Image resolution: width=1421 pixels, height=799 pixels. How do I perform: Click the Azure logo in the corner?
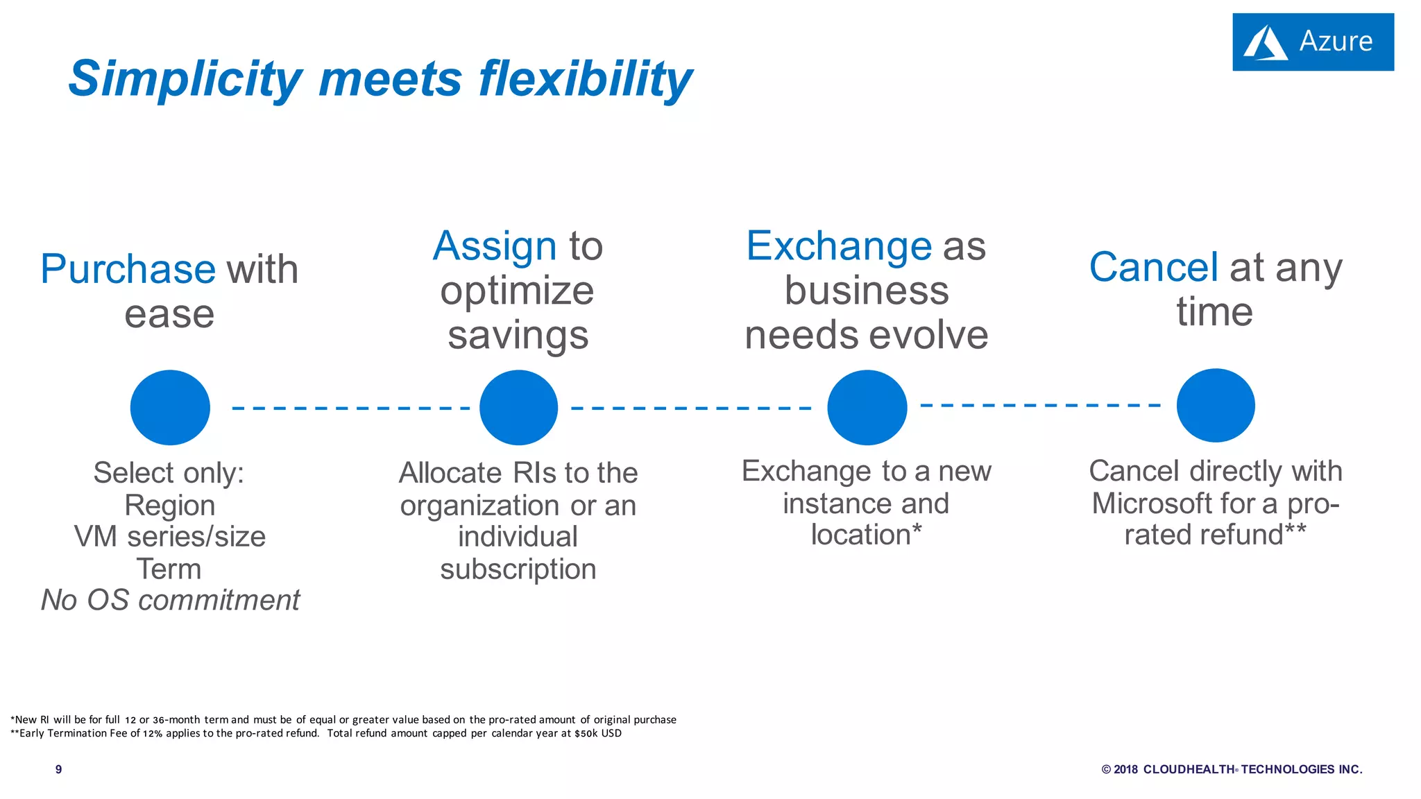[1312, 42]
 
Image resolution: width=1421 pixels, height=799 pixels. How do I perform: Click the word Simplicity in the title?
[185, 78]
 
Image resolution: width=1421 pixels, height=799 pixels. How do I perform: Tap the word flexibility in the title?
[585, 78]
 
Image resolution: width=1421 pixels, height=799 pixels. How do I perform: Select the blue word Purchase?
[128, 269]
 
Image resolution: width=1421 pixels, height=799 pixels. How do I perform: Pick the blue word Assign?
[495, 246]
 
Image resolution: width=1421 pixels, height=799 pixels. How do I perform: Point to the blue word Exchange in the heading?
[838, 246]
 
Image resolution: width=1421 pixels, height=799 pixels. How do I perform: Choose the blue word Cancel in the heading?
[1153, 268]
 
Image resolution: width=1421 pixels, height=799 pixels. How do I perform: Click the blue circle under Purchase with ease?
[170, 407]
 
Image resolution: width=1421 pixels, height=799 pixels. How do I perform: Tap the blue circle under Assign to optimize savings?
[518, 407]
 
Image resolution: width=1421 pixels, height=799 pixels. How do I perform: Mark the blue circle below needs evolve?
[867, 407]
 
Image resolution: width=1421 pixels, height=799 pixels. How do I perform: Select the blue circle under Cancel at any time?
[1216, 406]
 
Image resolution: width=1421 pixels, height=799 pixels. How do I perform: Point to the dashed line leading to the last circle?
[1040, 405]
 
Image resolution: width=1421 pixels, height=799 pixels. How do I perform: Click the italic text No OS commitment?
[170, 600]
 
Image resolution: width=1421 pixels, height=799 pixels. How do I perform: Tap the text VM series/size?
[170, 537]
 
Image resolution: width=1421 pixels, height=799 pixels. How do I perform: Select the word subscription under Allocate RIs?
[518, 569]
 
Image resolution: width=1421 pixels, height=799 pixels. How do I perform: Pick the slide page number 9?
[59, 769]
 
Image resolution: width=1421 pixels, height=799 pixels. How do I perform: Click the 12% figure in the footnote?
[153, 734]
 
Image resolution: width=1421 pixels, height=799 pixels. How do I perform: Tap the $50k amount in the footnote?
[586, 734]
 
